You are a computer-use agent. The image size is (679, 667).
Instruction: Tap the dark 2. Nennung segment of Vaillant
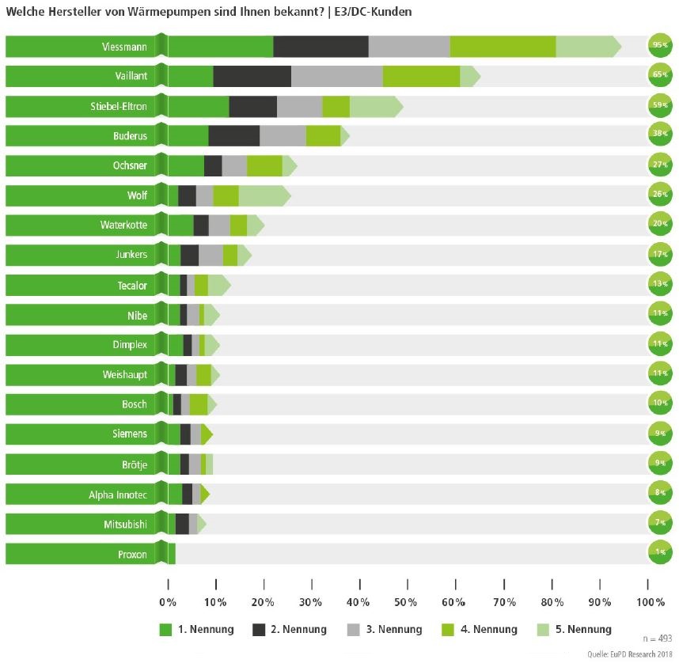click(252, 77)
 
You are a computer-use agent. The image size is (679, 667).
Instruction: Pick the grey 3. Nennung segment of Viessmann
click(409, 47)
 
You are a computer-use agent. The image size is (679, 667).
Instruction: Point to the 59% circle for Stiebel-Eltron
click(660, 107)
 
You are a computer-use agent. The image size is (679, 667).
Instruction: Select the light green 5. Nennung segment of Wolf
click(264, 196)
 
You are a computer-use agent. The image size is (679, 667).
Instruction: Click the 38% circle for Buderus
click(660, 136)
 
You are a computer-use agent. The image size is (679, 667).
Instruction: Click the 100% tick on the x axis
click(650, 602)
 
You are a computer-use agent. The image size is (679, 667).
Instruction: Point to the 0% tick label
click(169, 602)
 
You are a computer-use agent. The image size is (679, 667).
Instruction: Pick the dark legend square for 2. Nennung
click(259, 630)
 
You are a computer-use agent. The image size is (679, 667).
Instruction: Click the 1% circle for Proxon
click(660, 553)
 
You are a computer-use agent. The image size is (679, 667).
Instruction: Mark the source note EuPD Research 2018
click(630, 654)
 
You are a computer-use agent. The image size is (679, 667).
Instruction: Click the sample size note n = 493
click(654, 637)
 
